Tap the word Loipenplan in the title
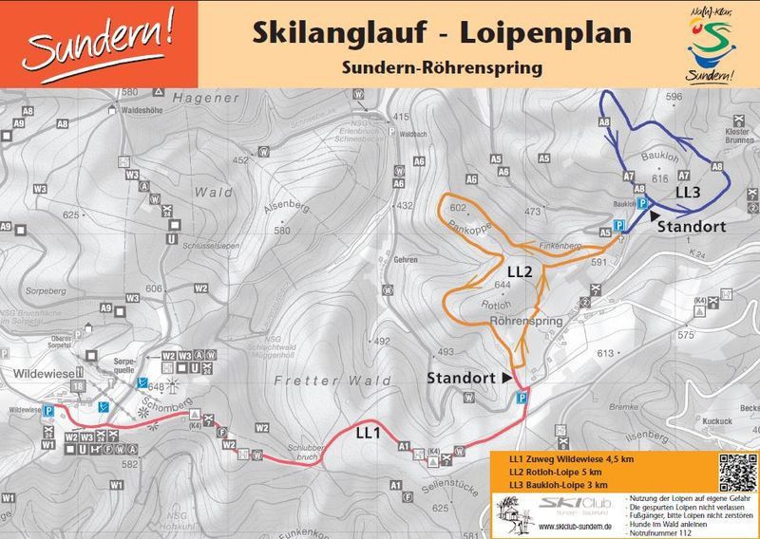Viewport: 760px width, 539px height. point(545,32)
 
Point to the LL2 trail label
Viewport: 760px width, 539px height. point(519,271)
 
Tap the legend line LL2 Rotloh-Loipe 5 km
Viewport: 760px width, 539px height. point(559,473)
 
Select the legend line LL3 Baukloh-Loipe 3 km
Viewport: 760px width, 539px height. point(559,485)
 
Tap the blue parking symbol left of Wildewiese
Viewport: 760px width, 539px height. point(47,411)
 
